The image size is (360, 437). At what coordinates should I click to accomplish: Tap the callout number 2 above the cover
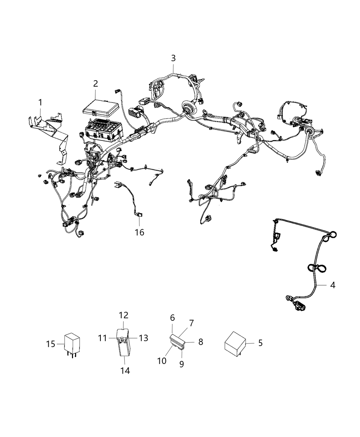(x=95, y=83)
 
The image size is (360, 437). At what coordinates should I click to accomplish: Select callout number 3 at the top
(x=173, y=58)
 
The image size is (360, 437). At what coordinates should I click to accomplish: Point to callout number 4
(x=333, y=285)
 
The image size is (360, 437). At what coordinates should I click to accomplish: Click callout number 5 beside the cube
(x=260, y=342)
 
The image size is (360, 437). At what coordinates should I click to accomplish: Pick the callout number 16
(x=139, y=232)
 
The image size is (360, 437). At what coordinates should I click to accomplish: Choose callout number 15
(x=50, y=343)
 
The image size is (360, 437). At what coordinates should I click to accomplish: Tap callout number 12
(x=123, y=315)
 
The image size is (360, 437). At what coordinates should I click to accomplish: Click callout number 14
(x=125, y=370)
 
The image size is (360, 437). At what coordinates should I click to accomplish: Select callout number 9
(x=181, y=364)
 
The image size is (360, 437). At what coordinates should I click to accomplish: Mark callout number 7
(x=191, y=323)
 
